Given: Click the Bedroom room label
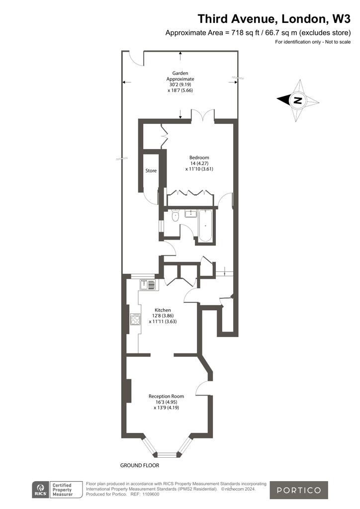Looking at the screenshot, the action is click(199, 158).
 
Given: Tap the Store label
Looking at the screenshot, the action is click(151, 170).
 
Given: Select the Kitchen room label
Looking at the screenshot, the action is click(163, 310).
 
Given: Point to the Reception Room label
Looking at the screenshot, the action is click(166, 396).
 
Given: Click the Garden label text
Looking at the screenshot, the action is click(180, 74).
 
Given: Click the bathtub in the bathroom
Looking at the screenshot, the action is click(205, 226).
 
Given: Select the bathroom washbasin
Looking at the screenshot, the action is click(190, 213).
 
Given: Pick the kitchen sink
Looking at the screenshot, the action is click(148, 284).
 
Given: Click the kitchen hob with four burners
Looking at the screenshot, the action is click(135, 320).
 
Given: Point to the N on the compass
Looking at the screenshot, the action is click(297, 100).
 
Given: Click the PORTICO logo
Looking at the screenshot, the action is click(299, 490).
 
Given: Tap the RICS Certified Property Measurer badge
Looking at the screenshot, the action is click(57, 490).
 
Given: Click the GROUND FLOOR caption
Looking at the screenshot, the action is click(140, 465).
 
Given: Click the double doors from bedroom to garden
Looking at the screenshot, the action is click(203, 115).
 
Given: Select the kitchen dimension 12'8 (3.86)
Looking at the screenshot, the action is click(163, 316).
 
